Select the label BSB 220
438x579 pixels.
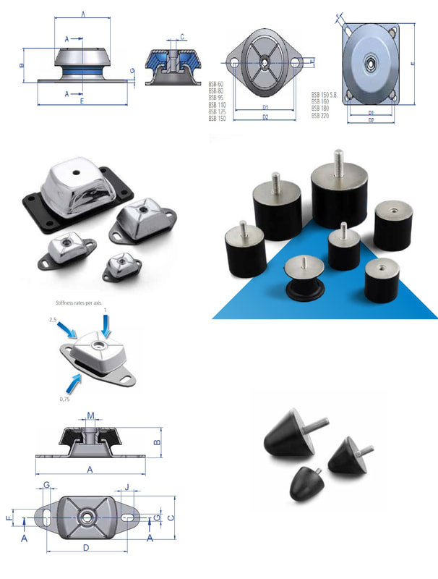[x=321, y=115]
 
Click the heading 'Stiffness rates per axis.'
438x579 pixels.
[x=80, y=303]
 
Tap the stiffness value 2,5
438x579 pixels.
[x=53, y=318]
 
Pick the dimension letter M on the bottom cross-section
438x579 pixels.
[x=90, y=415]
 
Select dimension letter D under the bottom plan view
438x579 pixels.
[x=86, y=548]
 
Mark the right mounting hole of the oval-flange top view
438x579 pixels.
[x=295, y=64]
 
